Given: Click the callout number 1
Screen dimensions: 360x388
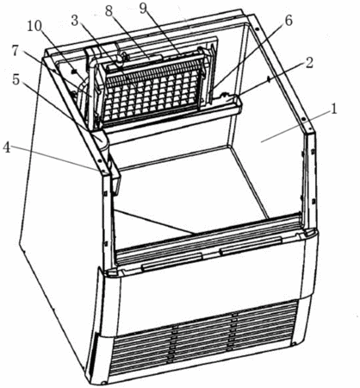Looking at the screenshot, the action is pos(333,110).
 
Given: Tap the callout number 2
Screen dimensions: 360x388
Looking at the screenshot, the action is pos(308,64).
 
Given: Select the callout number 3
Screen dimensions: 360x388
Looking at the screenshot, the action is pos(75,21).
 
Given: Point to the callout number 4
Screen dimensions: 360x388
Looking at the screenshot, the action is pos(7,147).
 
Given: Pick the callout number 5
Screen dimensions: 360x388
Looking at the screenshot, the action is pos(16,80).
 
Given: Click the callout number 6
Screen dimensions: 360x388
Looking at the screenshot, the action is pos(288,21).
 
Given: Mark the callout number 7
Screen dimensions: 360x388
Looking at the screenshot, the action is pos(16,51).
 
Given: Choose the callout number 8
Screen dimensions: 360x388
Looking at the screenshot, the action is pos(109,11).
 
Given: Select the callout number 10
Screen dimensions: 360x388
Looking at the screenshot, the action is pos(34,27).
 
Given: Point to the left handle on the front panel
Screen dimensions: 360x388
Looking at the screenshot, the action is pos(171,261).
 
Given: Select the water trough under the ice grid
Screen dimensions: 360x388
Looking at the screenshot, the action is pos(172,118).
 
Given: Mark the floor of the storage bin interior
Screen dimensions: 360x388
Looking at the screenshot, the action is pos(190,190).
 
